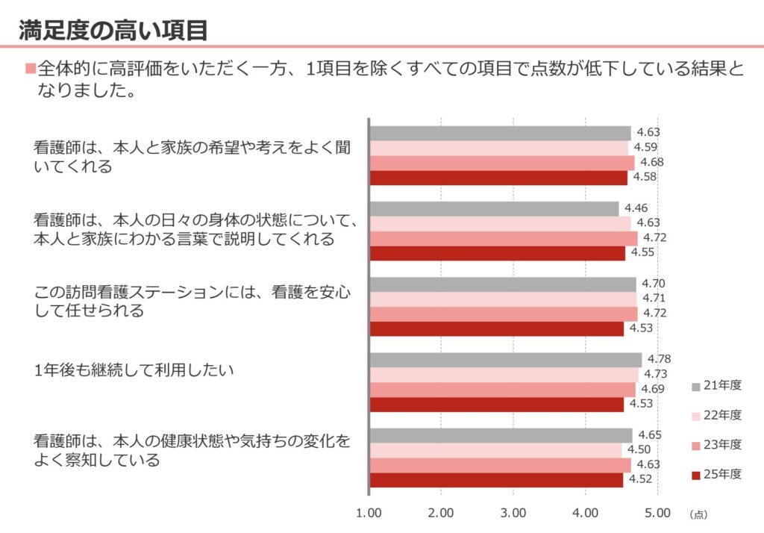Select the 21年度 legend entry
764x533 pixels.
coord(716,386)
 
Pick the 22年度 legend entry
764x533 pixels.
coord(716,415)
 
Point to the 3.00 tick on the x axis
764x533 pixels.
coord(513,514)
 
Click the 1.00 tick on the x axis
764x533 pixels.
coord(369,514)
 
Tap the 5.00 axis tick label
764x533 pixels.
coord(657,514)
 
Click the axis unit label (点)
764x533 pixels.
coord(698,514)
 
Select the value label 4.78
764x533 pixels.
coord(659,359)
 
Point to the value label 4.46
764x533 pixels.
coord(636,208)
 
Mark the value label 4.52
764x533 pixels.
coord(639,480)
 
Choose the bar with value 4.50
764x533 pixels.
coord(495,450)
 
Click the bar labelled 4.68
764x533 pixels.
coord(501,163)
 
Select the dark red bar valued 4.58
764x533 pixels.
coord(498,178)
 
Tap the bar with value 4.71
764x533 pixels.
coord(503,299)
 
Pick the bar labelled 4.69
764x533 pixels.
coord(502,390)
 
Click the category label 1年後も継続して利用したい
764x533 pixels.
coord(134,370)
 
